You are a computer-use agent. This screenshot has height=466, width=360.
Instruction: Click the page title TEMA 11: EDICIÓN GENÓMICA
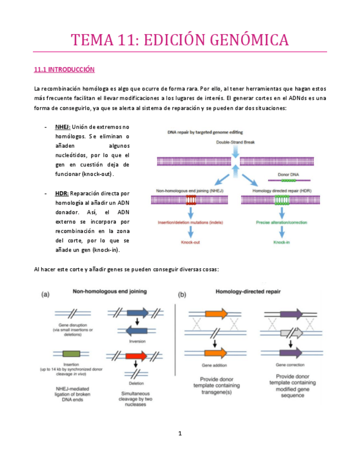180,40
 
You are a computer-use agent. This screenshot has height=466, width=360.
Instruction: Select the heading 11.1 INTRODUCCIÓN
64,70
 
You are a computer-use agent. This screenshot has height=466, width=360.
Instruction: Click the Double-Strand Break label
235,141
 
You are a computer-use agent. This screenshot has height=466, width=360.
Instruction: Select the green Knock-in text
282,242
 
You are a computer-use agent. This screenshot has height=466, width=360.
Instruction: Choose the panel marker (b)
182,294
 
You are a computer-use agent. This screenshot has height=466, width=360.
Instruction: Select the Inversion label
137,341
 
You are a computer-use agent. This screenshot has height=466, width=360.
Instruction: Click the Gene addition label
214,365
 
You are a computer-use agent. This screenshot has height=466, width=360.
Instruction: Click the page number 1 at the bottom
180,434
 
